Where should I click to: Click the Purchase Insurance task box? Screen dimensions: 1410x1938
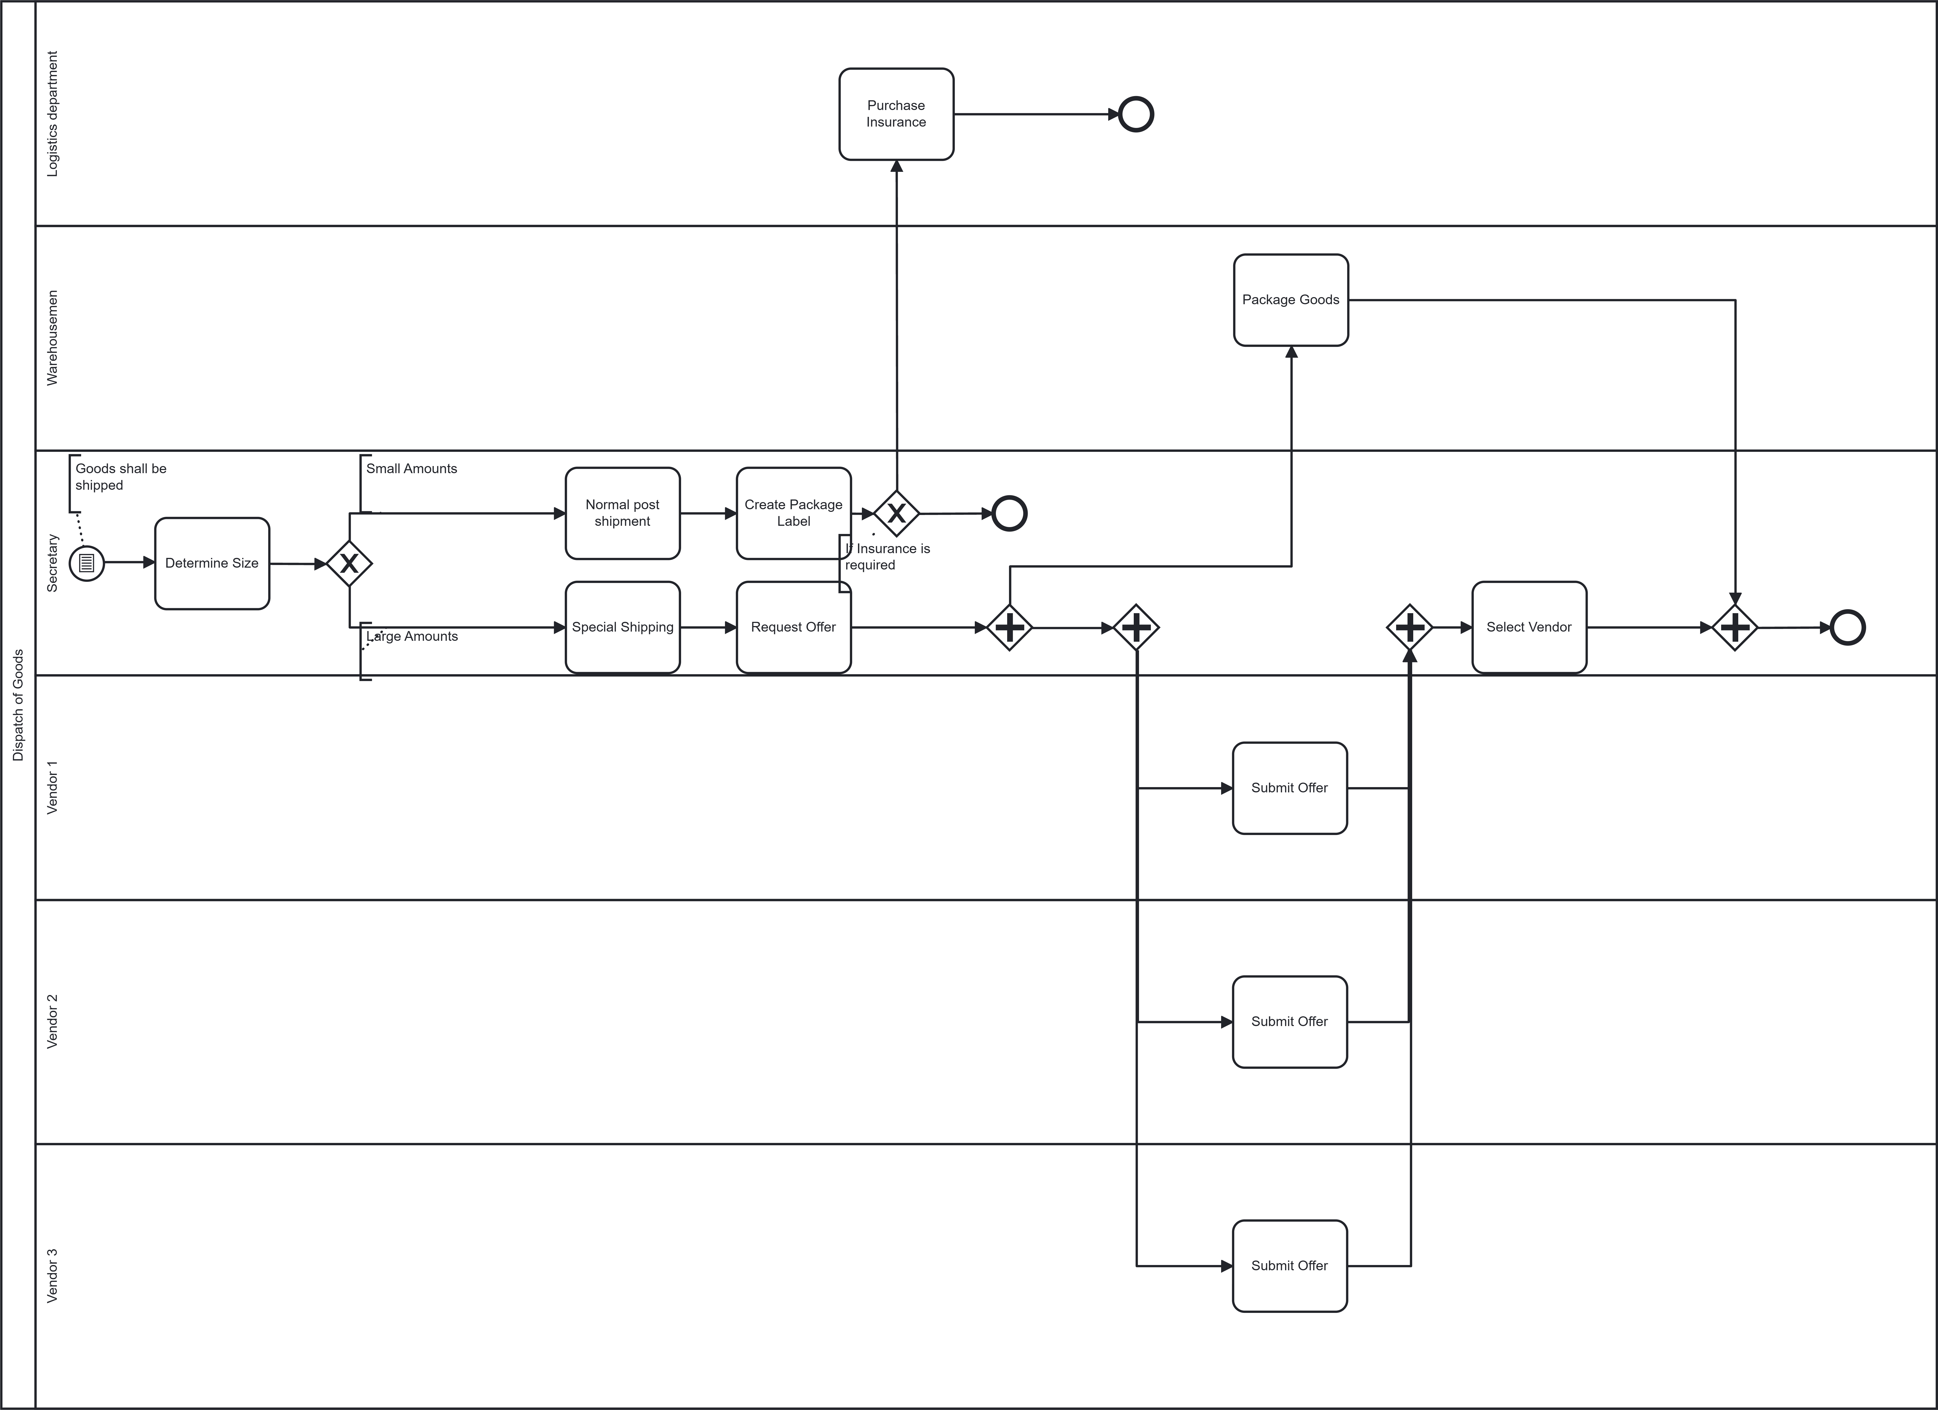(x=896, y=114)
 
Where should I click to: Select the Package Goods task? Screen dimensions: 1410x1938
(x=1290, y=300)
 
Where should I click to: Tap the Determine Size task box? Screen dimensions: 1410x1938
(x=212, y=563)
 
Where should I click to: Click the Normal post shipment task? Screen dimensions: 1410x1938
(x=622, y=513)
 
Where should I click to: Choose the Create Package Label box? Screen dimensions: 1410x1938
(x=793, y=513)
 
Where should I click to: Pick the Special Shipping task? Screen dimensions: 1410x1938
(x=622, y=627)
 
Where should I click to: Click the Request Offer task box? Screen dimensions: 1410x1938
(x=793, y=627)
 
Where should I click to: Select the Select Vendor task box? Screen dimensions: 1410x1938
(x=1529, y=627)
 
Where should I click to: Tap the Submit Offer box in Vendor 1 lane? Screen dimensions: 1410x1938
(x=1290, y=788)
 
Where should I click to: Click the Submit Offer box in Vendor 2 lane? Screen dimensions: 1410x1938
(x=1290, y=1021)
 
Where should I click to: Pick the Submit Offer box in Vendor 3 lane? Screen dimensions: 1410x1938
(x=1290, y=1266)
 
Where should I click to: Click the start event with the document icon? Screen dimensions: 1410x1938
(x=86, y=563)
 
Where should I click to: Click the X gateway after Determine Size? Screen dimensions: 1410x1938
(x=349, y=563)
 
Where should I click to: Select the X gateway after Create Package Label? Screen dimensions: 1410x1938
(x=896, y=513)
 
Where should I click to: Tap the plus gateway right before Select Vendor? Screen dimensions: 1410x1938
(x=1409, y=627)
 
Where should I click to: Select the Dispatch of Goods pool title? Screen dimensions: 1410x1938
(x=18, y=705)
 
